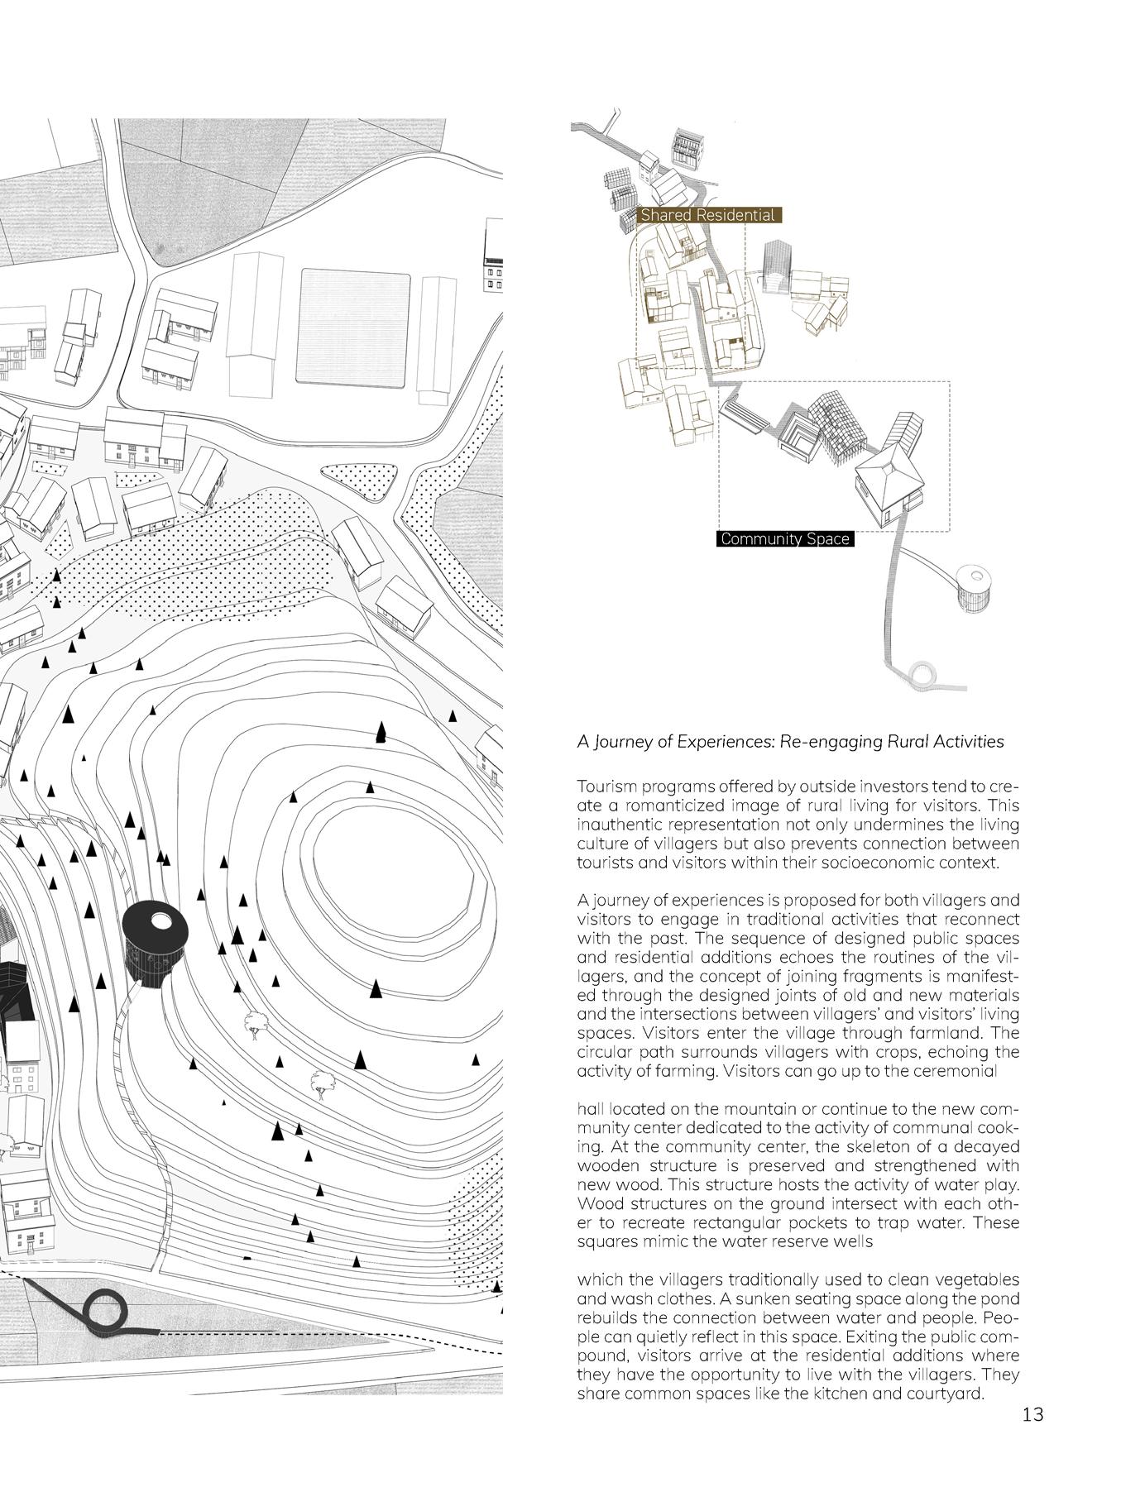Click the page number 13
pos(1032,1414)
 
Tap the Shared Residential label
pos(708,215)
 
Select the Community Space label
pos(784,539)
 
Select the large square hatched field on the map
pos(354,328)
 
